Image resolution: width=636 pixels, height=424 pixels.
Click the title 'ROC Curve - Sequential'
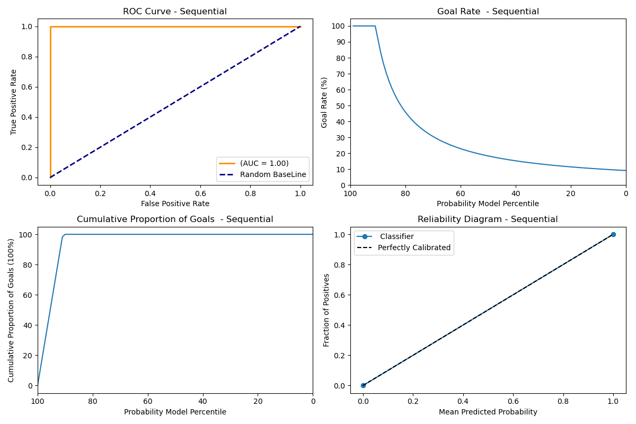pyautogui.click(x=175, y=12)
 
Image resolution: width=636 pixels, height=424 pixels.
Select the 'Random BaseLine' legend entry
pyautogui.click(x=273, y=175)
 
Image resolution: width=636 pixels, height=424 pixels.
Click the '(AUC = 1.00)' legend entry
pyautogui.click(x=264, y=163)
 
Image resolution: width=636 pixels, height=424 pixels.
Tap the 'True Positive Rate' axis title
pyautogui.click(x=14, y=102)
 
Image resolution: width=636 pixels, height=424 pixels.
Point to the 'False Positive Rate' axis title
pyautogui.click(x=175, y=204)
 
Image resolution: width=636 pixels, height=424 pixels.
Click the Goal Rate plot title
pyautogui.click(x=488, y=12)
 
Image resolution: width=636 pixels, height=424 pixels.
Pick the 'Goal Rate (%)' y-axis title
pyautogui.click(x=324, y=102)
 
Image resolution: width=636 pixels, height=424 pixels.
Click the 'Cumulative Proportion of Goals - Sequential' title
pyautogui.click(x=175, y=219)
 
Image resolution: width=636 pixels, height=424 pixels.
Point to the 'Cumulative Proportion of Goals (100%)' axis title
pyautogui.click(x=12, y=310)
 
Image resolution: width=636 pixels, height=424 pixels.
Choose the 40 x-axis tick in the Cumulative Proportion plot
pyautogui.click(x=202, y=401)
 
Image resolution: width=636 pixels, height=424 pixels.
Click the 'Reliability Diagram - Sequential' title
pyautogui.click(x=488, y=219)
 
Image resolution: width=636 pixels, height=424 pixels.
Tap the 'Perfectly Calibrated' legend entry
pyautogui.click(x=414, y=248)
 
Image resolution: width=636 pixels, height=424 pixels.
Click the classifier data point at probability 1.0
pyautogui.click(x=613, y=234)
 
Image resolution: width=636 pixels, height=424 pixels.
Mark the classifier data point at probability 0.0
pyautogui.click(x=363, y=385)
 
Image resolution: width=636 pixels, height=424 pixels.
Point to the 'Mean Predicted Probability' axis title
pyautogui.click(x=488, y=412)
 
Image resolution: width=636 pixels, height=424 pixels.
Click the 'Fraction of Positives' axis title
pyautogui.click(x=326, y=310)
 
